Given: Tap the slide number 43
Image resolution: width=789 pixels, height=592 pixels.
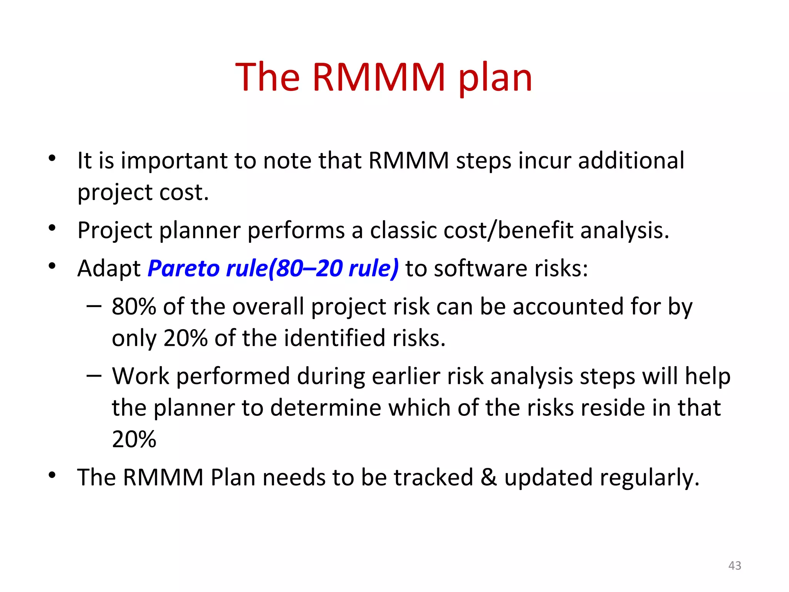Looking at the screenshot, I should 735,565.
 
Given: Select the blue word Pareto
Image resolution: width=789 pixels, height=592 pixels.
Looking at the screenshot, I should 184,268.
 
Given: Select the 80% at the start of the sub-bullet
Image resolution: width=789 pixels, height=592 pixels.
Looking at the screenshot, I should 134,307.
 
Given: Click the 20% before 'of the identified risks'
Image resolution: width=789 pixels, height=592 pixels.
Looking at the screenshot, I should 185,338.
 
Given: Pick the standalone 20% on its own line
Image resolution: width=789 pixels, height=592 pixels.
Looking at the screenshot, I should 134,439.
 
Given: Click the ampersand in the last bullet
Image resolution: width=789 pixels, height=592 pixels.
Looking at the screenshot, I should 489,478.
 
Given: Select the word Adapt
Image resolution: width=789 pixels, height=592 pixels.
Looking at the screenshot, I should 109,269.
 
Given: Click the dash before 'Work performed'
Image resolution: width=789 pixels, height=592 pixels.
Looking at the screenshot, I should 94,376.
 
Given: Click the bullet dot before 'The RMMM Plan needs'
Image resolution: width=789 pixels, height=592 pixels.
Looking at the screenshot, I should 52,475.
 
